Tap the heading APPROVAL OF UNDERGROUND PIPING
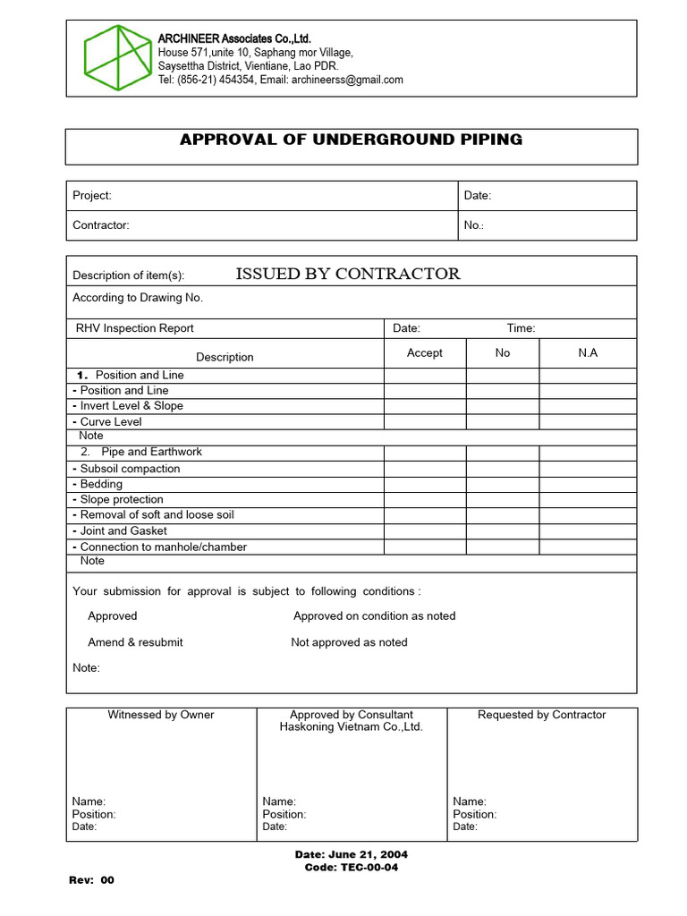[x=351, y=140]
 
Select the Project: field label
[x=92, y=196]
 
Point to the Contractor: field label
[x=101, y=225]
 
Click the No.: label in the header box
[x=474, y=225]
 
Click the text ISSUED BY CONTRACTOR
[x=347, y=274]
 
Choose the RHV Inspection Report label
[x=135, y=328]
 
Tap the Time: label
[x=522, y=328]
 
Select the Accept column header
[x=425, y=352]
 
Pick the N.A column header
[x=588, y=352]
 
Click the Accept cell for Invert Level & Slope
[x=425, y=406]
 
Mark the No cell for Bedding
[x=503, y=484]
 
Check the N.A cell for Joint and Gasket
[x=588, y=530]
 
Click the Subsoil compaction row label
[x=130, y=469]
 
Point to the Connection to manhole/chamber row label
[x=163, y=547]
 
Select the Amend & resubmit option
[x=135, y=642]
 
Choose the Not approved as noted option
[x=349, y=642]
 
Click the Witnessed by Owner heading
[x=161, y=715]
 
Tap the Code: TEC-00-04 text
[x=352, y=868]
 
